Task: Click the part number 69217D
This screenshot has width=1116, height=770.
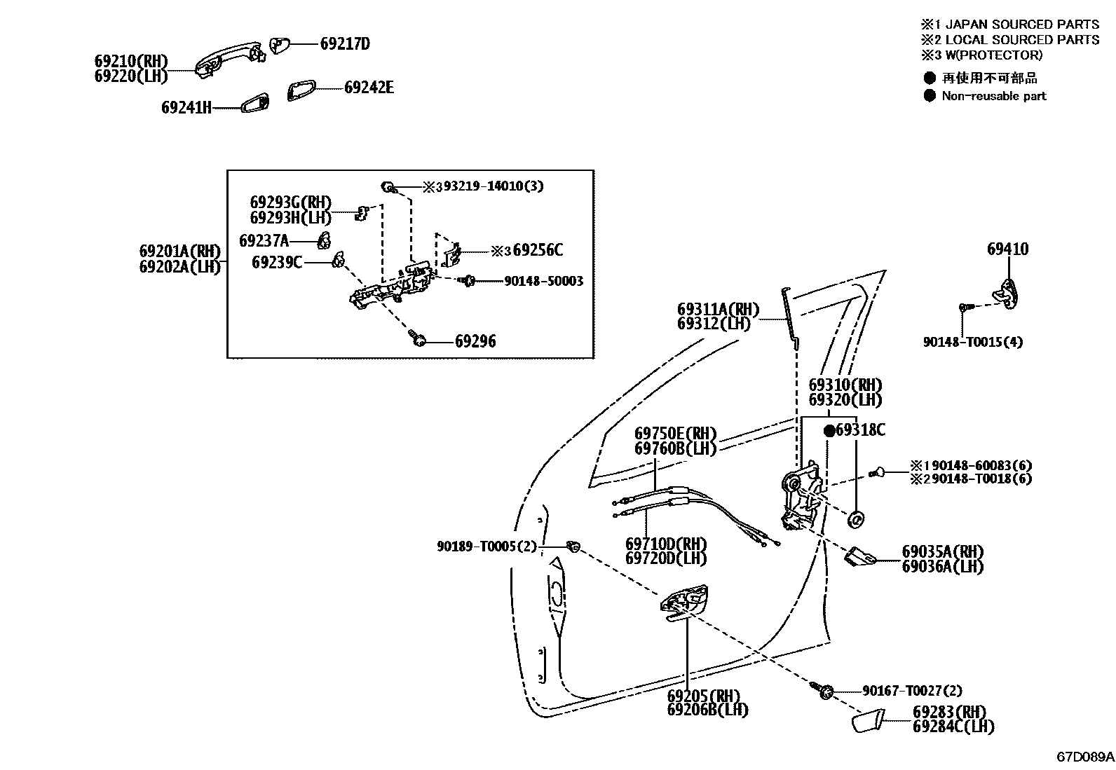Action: [x=345, y=43]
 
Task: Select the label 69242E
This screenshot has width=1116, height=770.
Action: [x=369, y=88]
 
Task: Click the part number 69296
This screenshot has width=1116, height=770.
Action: [x=475, y=341]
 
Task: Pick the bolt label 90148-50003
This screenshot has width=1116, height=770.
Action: [x=543, y=281]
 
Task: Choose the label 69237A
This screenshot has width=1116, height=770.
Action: [x=264, y=241]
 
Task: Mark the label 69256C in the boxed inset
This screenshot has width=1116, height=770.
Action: [x=538, y=250]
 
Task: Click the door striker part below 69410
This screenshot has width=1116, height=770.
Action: [x=1009, y=289]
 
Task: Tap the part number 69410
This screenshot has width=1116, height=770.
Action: [x=1008, y=249]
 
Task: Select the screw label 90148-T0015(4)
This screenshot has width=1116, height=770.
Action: [x=972, y=342]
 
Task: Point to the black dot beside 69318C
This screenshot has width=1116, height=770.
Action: [x=829, y=430]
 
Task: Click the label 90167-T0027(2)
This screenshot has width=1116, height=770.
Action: [x=912, y=691]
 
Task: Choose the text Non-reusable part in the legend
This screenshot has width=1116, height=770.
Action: [x=993, y=96]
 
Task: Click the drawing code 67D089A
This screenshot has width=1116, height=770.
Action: [x=1085, y=757]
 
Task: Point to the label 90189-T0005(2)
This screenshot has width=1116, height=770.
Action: [x=486, y=546]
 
